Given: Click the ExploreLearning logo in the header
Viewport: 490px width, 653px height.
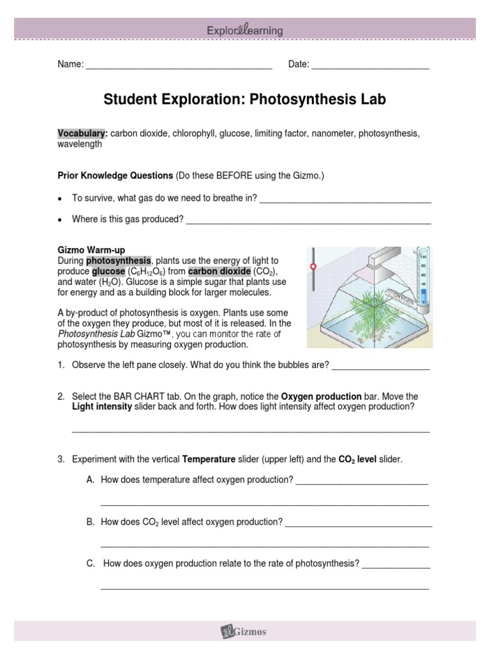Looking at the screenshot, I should pyautogui.click(x=245, y=30).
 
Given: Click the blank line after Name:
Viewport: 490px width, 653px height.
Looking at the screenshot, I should pyautogui.click(x=179, y=65).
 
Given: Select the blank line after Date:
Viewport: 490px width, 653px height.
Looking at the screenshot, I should pyautogui.click(x=370, y=65).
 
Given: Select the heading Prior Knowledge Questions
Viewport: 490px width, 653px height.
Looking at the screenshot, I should pyautogui.click(x=115, y=175).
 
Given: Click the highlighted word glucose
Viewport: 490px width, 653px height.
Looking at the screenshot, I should pyautogui.click(x=108, y=271).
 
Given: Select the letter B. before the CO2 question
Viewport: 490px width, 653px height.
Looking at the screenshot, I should pyautogui.click(x=90, y=522).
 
